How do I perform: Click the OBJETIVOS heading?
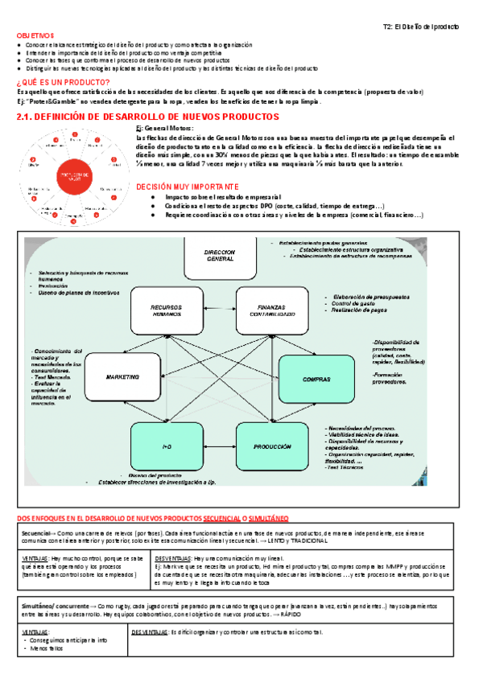tap(32, 36)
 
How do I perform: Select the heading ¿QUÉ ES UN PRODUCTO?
tap(64, 83)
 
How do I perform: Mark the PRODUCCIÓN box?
tap(270, 446)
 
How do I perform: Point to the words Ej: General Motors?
tap(164, 129)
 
